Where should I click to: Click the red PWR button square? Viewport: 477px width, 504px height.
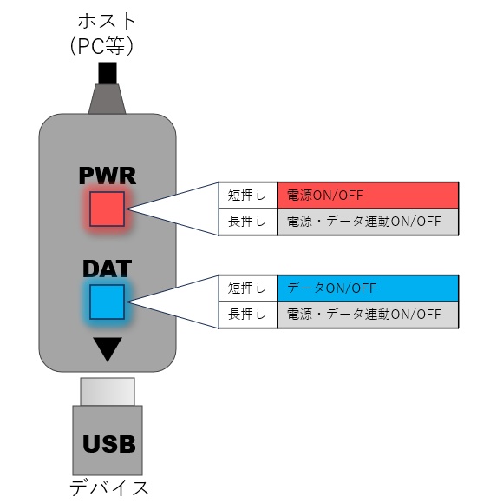[108, 209]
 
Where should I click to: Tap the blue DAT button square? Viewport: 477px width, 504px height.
[108, 302]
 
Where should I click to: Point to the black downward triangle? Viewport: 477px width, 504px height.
[108, 349]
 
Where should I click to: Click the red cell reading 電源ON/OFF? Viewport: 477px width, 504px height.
[368, 195]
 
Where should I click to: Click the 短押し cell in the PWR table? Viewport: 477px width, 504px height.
[247, 195]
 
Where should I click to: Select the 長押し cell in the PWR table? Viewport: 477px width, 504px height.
[247, 221]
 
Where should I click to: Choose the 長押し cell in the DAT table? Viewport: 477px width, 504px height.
[247, 315]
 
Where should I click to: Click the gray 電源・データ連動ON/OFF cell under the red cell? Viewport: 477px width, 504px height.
[368, 221]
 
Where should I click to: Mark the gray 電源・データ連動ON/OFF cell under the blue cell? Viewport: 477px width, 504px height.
[368, 315]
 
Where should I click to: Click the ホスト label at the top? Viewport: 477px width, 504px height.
[108, 18]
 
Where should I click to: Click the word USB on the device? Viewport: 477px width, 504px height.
[108, 445]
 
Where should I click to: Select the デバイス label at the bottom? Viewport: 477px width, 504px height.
[108, 487]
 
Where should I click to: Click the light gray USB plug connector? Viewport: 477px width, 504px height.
[108, 391]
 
